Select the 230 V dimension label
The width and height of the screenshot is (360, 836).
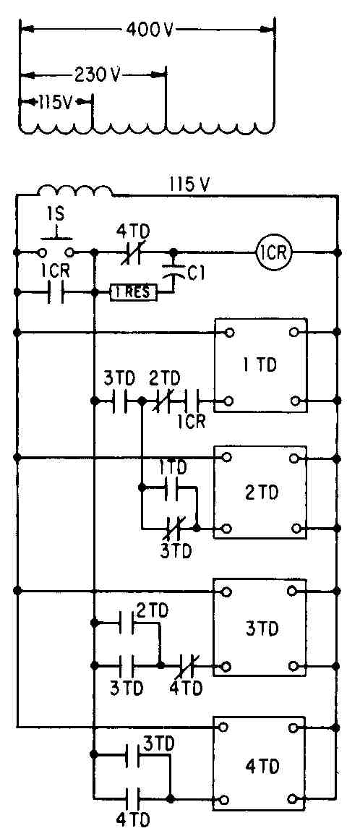95,74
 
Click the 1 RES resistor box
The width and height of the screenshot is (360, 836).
134,292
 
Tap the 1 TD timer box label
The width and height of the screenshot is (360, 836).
260,364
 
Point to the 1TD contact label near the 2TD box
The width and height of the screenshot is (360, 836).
173,469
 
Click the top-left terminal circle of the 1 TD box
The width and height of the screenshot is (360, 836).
229,333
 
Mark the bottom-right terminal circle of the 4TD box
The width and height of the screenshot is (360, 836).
292,798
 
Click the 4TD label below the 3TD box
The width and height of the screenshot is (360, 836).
186,688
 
